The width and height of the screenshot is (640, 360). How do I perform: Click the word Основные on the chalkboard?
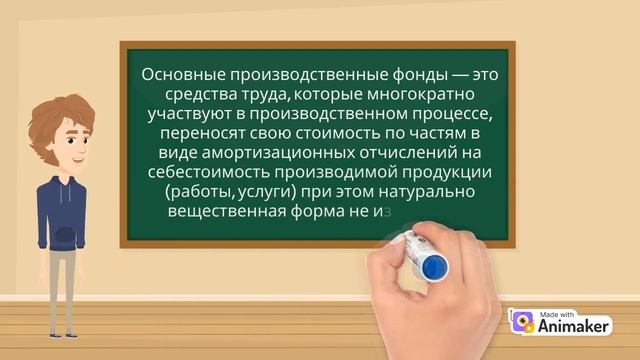tap(178, 75)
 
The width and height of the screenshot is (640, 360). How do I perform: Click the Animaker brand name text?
tap(573, 325)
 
